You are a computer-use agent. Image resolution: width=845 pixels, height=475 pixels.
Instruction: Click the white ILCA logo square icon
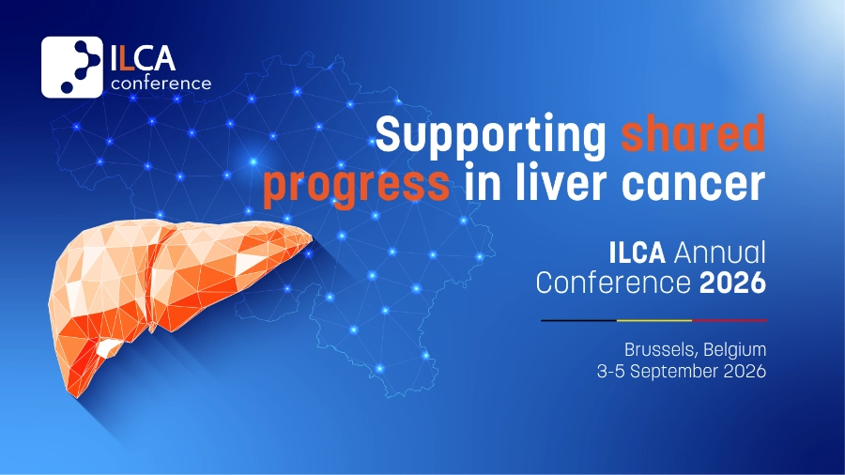[x=71, y=68]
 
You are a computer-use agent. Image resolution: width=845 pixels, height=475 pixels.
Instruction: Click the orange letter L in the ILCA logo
[x=126, y=59]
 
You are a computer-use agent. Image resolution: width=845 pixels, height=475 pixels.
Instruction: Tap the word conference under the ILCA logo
[x=161, y=84]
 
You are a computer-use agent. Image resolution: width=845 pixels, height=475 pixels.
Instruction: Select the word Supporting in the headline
[x=490, y=137]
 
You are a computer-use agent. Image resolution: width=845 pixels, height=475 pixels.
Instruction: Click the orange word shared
[x=693, y=132]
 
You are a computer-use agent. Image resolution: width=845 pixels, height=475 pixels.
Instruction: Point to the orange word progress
[x=356, y=186]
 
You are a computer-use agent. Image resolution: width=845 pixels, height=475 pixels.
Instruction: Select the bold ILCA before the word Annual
[x=637, y=253]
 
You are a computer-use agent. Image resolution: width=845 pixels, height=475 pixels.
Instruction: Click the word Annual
[x=719, y=253]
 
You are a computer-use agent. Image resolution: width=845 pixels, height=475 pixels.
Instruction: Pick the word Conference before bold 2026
[x=613, y=283]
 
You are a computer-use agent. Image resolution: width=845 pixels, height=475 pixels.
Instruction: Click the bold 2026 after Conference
[x=732, y=283]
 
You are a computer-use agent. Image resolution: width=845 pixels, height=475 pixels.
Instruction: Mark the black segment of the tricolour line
[x=578, y=320]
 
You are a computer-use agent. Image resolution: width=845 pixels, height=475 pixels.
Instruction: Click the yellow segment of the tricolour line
[x=654, y=320]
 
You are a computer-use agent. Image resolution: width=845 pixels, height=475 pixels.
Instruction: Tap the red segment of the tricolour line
[x=730, y=320]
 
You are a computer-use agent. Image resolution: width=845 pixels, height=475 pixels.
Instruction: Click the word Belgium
[x=734, y=350]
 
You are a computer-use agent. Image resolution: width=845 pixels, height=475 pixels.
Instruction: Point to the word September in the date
[x=674, y=372]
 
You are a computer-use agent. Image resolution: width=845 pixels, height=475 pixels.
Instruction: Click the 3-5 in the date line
[x=610, y=372]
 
